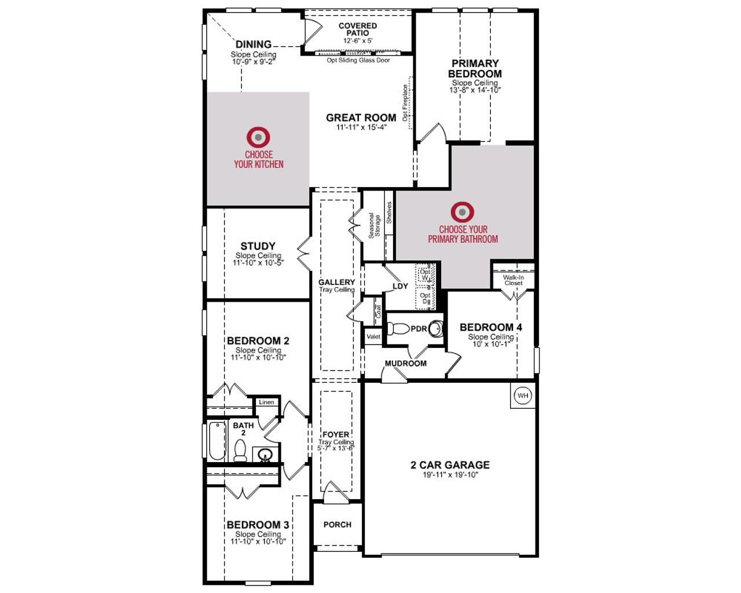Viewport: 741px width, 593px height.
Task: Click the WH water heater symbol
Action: click(x=523, y=396)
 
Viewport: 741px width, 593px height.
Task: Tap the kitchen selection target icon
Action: click(x=258, y=137)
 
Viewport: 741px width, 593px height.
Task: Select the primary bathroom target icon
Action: click(x=462, y=212)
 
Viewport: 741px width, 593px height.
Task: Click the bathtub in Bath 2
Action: click(x=217, y=441)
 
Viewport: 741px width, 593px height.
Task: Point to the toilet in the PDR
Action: click(x=399, y=329)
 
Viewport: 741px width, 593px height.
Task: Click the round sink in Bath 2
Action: click(x=266, y=455)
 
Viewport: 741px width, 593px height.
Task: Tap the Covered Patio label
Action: click(x=357, y=29)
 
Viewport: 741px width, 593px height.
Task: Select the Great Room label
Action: click(x=361, y=118)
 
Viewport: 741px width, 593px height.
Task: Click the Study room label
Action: click(x=258, y=246)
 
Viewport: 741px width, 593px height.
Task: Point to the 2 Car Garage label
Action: click(x=450, y=464)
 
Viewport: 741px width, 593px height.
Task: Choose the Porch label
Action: click(x=337, y=524)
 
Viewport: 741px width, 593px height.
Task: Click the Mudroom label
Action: click(x=405, y=363)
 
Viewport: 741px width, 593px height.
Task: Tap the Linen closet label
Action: click(x=266, y=402)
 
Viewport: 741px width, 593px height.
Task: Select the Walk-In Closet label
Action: click(x=513, y=280)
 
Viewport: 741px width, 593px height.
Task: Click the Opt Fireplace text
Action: click(x=405, y=103)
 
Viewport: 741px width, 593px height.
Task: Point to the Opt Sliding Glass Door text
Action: click(x=358, y=60)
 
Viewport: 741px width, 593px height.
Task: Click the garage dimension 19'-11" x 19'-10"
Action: click(x=450, y=475)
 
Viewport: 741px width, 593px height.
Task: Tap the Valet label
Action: click(x=373, y=336)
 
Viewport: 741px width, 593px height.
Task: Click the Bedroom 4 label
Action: click(x=490, y=327)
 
